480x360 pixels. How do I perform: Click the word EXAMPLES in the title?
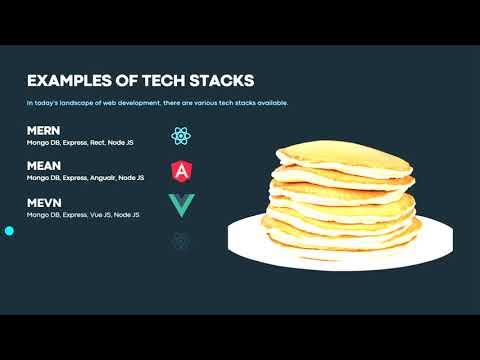67,80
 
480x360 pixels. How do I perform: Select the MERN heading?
44,131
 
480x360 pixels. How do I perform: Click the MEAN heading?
44,165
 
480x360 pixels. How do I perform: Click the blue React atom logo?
181,136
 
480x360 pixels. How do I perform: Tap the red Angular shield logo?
181,171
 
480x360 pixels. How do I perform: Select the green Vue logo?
181,206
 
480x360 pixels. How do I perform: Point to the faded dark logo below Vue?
181,241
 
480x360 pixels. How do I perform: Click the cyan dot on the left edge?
9,231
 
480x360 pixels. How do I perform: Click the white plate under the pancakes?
250,240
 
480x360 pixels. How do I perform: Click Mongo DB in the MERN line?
42,143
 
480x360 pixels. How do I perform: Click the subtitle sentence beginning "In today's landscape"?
157,103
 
